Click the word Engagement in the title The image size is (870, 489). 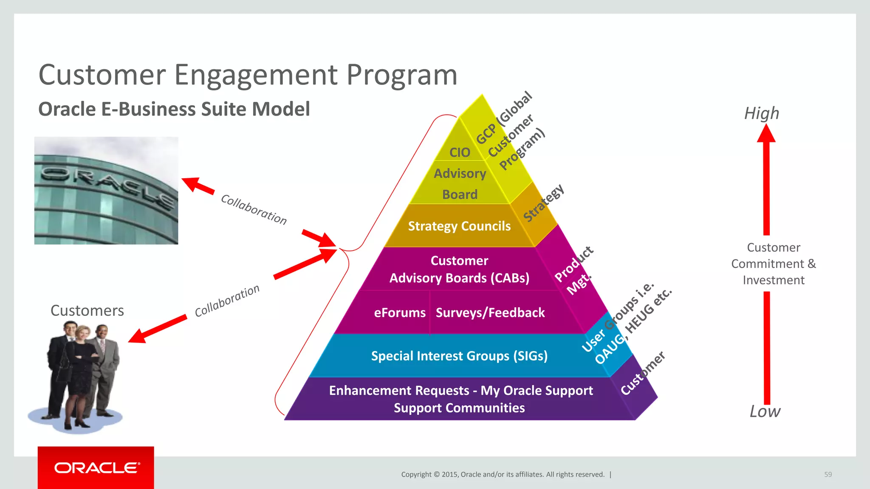click(x=256, y=76)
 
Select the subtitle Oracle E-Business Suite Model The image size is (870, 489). click(x=174, y=109)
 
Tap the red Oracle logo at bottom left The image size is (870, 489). click(x=96, y=467)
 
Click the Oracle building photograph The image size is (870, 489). click(x=106, y=190)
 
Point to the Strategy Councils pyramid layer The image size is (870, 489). click(x=459, y=226)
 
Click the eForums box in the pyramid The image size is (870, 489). click(x=399, y=313)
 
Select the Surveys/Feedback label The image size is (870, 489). click(x=490, y=313)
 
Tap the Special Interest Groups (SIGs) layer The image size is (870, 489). click(x=459, y=356)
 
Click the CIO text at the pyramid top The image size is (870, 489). click(x=460, y=152)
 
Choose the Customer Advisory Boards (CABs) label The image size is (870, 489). click(x=459, y=269)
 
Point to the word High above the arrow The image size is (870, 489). click(x=762, y=113)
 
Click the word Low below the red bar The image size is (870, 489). click(x=765, y=411)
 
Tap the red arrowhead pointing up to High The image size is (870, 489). click(x=766, y=134)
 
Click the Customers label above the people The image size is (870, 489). click(x=87, y=311)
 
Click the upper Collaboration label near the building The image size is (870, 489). click(x=254, y=209)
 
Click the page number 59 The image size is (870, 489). click(x=828, y=475)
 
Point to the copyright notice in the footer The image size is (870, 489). click(x=503, y=475)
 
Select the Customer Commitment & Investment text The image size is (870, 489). click(x=774, y=264)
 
